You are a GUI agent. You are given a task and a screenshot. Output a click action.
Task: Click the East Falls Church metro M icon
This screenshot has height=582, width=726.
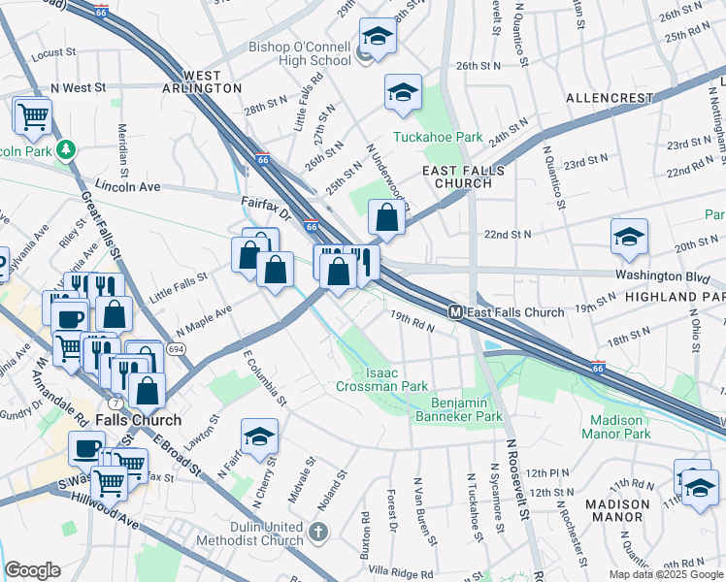(454, 312)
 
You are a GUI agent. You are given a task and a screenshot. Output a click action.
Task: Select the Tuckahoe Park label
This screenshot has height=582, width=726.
(437, 138)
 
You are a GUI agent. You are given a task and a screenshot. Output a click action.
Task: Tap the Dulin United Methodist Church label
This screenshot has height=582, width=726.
(260, 533)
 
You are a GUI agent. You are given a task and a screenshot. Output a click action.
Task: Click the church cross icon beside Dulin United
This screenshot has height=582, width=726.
(319, 533)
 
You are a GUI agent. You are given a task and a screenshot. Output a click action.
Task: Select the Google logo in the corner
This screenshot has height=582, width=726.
(32, 570)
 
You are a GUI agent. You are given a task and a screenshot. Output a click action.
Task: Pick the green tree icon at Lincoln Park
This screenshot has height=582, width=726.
(66, 150)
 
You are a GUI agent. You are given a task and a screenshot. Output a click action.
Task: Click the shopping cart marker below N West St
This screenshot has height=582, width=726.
(32, 117)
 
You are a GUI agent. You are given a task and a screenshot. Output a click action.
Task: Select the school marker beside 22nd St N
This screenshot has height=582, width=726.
(629, 237)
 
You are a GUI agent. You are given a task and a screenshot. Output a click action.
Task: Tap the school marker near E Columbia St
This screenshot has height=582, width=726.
(259, 438)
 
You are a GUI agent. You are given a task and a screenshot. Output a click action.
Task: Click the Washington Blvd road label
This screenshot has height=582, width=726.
(656, 275)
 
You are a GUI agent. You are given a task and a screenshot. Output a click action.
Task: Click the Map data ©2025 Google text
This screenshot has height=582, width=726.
(665, 574)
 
